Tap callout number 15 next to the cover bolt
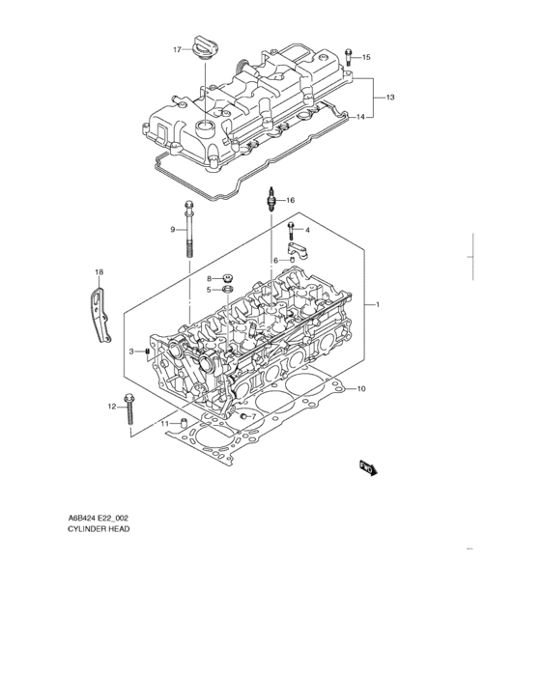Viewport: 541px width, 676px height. point(365,58)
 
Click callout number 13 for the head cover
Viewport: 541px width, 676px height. point(390,99)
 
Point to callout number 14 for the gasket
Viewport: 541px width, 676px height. point(360,117)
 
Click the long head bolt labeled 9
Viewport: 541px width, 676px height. point(187,229)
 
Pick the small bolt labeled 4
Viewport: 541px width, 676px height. point(290,230)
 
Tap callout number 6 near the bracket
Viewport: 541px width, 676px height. point(275,260)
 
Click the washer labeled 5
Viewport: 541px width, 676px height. point(226,290)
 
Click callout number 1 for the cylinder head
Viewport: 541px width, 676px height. point(378,305)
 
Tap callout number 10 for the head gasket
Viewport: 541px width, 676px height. point(361,389)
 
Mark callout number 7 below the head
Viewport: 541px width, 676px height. point(253,417)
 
